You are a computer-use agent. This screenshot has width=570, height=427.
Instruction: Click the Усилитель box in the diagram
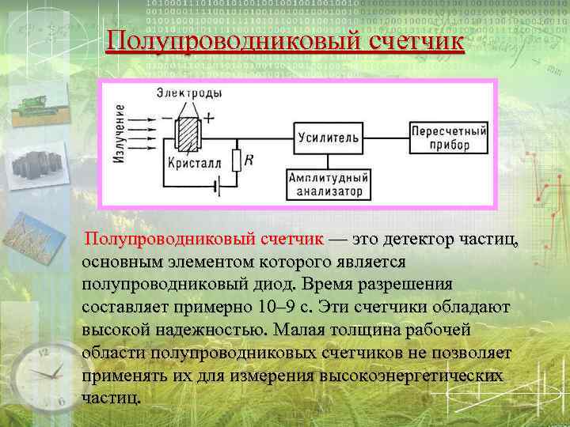(328, 137)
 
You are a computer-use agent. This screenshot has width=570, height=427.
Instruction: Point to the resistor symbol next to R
(235, 161)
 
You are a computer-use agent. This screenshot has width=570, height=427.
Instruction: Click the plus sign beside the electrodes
(208, 117)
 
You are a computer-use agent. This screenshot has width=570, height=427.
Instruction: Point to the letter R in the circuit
(249, 160)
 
